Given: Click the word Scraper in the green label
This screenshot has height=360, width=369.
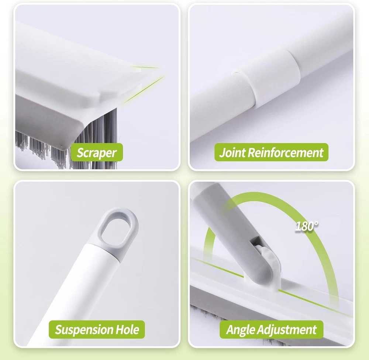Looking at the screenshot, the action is coord(96,152).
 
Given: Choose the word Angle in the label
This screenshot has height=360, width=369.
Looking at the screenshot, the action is coord(241,330).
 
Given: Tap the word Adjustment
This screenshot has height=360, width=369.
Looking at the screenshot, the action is coord(287,329).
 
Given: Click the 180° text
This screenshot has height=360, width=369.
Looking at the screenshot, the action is coord(307,226).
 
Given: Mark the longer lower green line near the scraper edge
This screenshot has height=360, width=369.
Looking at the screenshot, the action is coord(144,89).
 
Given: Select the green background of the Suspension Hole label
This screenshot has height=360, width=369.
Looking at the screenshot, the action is coord(97,329).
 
